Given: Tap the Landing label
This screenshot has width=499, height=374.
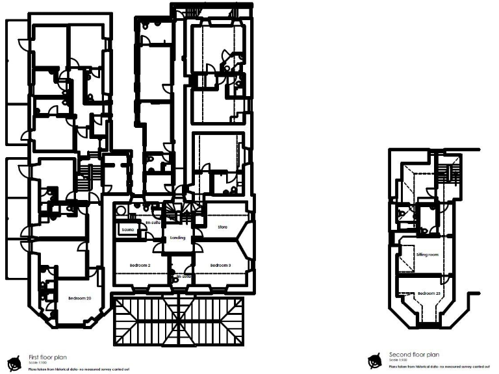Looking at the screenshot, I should (x=177, y=238).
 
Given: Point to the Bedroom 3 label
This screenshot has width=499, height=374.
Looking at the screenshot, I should (x=221, y=266).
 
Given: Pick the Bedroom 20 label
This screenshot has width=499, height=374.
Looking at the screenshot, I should (x=79, y=298).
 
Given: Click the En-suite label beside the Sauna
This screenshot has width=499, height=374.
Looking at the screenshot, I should (x=152, y=222).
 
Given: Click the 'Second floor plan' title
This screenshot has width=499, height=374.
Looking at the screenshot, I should (x=414, y=355).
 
